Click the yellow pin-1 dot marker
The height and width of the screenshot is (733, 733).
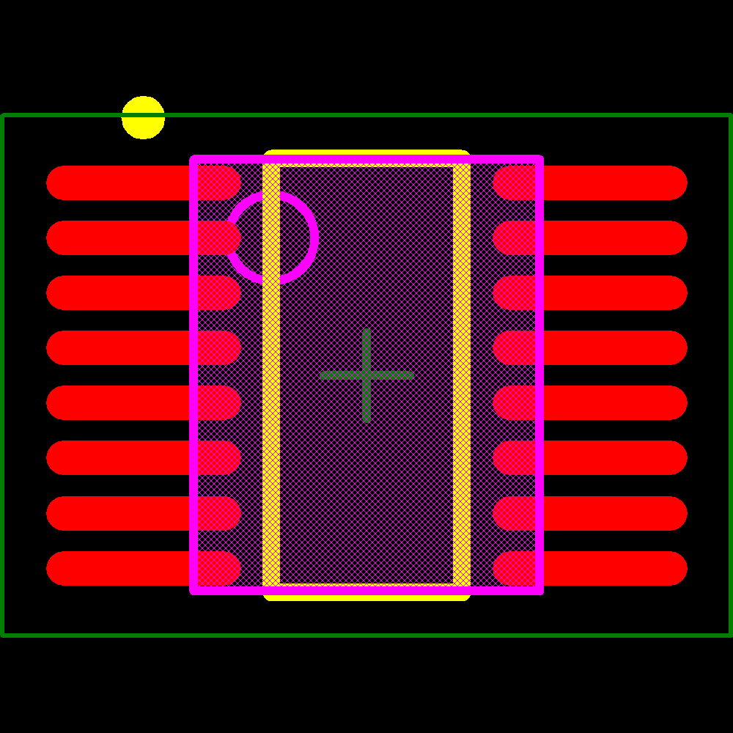143,117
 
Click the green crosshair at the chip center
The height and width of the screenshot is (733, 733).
366,375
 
